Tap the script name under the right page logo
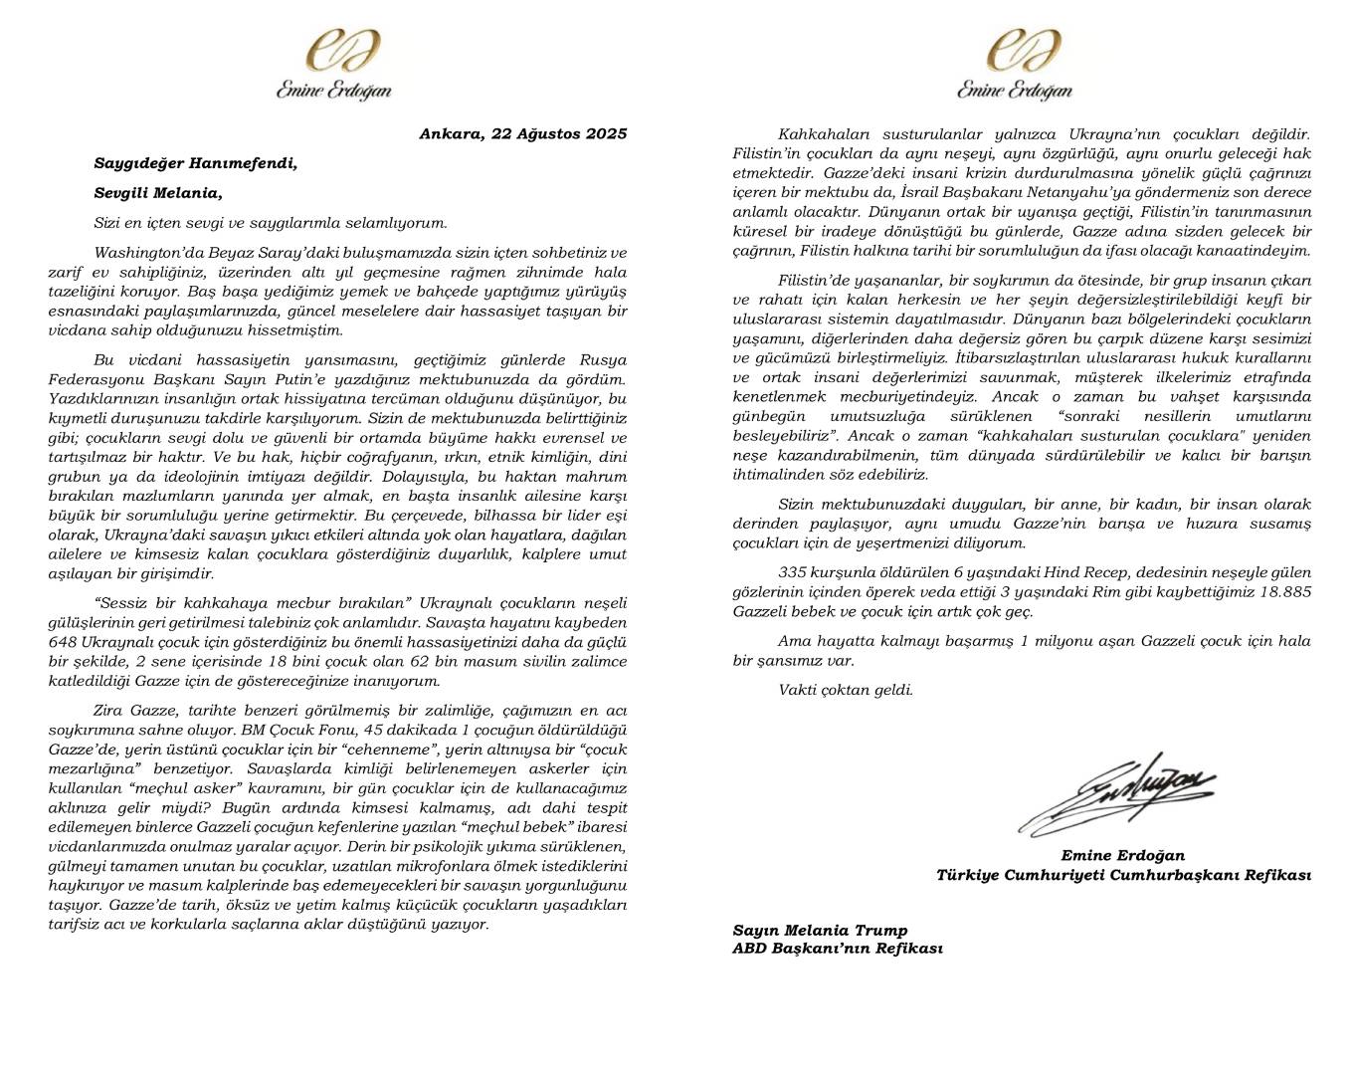pyautogui.click(x=1015, y=91)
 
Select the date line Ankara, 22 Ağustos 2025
pyautogui.click(x=522, y=134)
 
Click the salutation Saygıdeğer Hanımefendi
pyautogui.click(x=196, y=163)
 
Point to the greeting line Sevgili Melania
pyautogui.click(x=158, y=193)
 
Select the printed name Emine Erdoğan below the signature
pyautogui.click(x=1122, y=855)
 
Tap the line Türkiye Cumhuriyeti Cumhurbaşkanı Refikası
pyautogui.click(x=1122, y=875)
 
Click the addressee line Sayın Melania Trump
pyautogui.click(x=820, y=930)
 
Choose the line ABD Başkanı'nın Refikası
pyautogui.click(x=837, y=948)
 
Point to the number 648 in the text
pyautogui.click(x=63, y=642)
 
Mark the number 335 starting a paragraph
pyautogui.click(x=793, y=572)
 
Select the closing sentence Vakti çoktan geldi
pyautogui.click(x=845, y=690)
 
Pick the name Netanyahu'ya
pyautogui.click(x=1069, y=192)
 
